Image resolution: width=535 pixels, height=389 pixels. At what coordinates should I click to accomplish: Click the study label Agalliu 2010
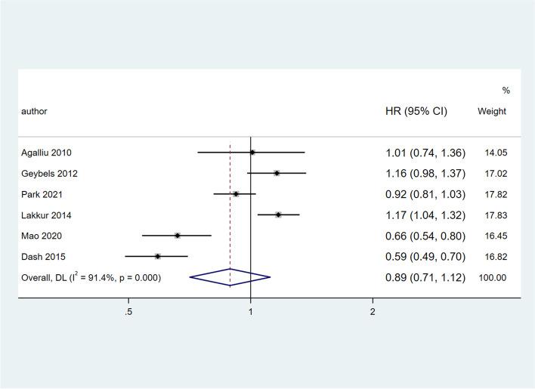48,153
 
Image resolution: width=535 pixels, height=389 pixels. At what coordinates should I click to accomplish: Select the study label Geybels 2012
49,174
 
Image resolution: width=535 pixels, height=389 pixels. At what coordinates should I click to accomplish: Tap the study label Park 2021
42,194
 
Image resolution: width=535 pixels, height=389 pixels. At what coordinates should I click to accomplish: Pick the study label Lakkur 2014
46,215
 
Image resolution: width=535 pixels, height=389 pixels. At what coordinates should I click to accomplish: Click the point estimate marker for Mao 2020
178,236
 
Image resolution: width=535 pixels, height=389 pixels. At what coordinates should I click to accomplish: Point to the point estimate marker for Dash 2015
158,257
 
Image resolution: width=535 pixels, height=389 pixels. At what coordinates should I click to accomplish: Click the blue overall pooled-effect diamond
230,277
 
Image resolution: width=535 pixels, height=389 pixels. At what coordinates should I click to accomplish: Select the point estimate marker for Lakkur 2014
279,215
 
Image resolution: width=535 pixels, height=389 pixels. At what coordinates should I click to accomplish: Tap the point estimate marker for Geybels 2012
277,174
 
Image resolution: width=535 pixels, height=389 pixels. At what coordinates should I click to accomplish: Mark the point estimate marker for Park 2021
236,194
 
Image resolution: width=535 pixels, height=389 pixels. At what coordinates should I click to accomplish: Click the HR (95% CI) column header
416,111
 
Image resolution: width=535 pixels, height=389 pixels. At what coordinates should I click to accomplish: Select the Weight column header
492,111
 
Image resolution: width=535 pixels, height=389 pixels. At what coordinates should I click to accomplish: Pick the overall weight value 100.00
492,278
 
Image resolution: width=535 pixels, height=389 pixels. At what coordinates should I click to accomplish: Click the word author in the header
34,111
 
